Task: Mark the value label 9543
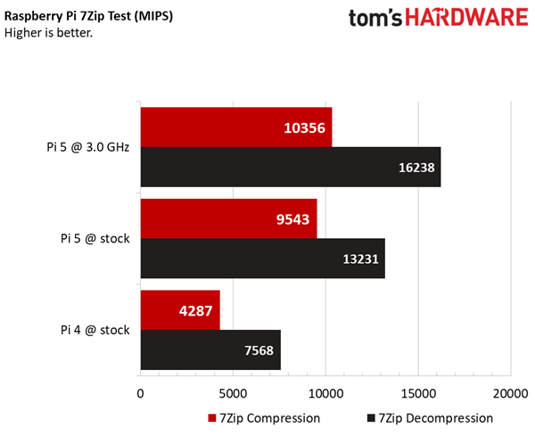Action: coord(291,219)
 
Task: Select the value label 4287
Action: coord(194,310)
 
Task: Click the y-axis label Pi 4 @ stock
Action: coord(95,330)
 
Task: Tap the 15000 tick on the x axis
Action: coord(417,392)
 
